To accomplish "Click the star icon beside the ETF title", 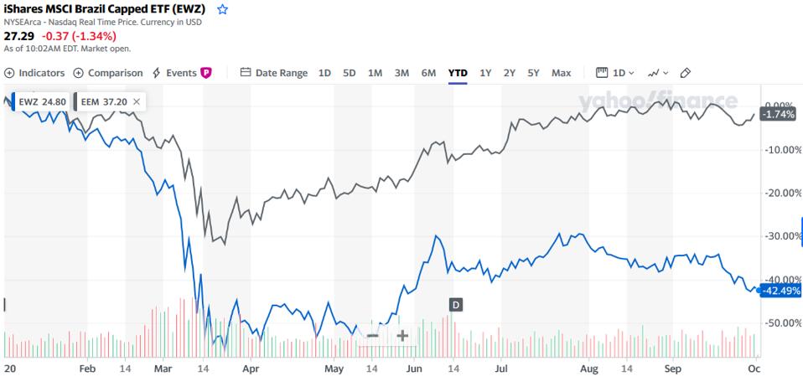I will [x=222, y=9].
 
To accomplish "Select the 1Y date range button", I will [x=485, y=73].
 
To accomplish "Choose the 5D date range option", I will [x=350, y=73].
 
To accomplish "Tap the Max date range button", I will [x=561, y=73].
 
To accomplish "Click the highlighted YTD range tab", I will [x=458, y=73].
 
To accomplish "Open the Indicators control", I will [x=34, y=73].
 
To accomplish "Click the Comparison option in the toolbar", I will [x=108, y=73].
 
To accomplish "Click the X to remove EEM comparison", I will [x=137, y=101].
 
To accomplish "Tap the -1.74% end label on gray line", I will [x=777, y=114].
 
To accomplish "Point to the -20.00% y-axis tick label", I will [x=780, y=193].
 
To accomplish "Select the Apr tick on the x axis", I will [x=248, y=368].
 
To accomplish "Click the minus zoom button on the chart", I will [x=373, y=335].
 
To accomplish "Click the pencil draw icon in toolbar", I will [x=685, y=73].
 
